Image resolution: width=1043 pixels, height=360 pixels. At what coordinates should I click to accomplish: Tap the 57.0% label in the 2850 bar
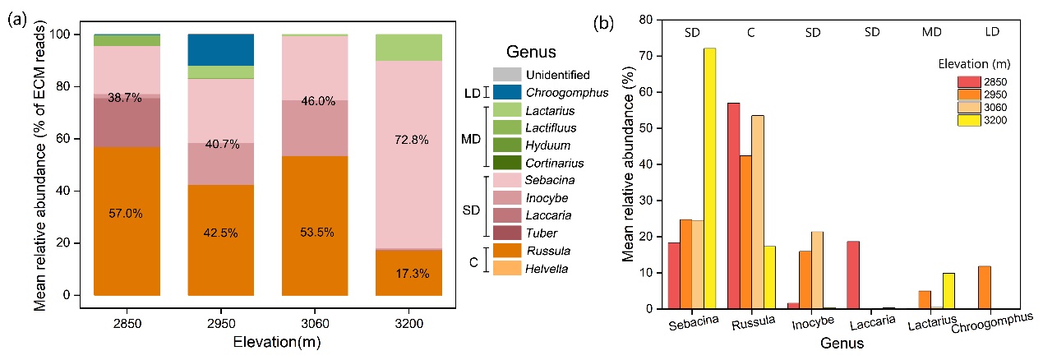point(127,214)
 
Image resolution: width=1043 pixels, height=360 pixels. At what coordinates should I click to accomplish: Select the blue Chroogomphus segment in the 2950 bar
point(220,50)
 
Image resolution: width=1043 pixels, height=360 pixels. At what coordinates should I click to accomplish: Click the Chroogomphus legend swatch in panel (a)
point(507,93)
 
